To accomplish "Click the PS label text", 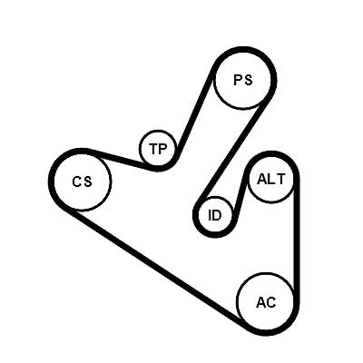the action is pos(243,80).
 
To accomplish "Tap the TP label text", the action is pos(158,149).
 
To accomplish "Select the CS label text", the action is pos(82,181).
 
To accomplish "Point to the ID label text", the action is pos(215,215).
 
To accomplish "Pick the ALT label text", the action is pos(270,179).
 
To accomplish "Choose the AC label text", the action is pos(266,302).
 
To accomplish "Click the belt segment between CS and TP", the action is pos(120,159).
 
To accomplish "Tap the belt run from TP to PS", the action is pos(195,115).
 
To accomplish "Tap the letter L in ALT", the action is pos(271,179).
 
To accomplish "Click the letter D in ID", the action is pos(218,215).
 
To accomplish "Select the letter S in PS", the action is pos(248,80).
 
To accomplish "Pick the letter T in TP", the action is pos(154,149).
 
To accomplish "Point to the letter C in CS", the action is pos(76,181).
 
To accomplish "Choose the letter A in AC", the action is pos(260,302).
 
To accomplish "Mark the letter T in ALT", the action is pos(280,179).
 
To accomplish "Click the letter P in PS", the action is pos(238,80).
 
